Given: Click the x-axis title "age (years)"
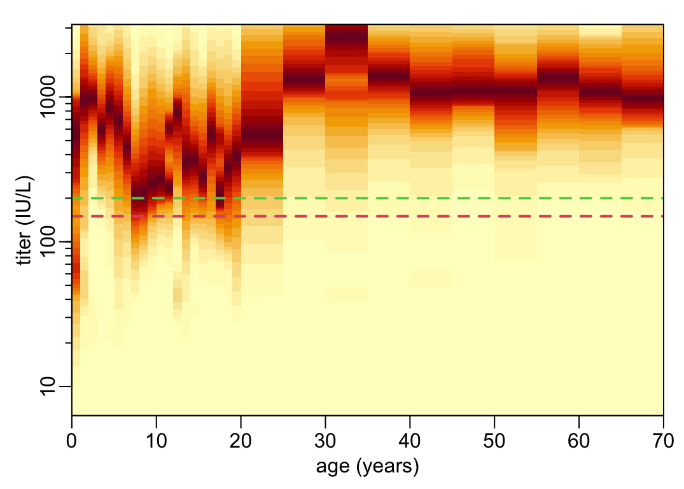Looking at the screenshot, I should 367,467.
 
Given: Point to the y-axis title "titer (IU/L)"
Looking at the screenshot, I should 25,220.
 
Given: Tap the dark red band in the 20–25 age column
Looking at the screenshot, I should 262,137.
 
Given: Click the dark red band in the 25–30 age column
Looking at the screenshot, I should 304,79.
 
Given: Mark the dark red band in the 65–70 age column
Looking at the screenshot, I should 642,101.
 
